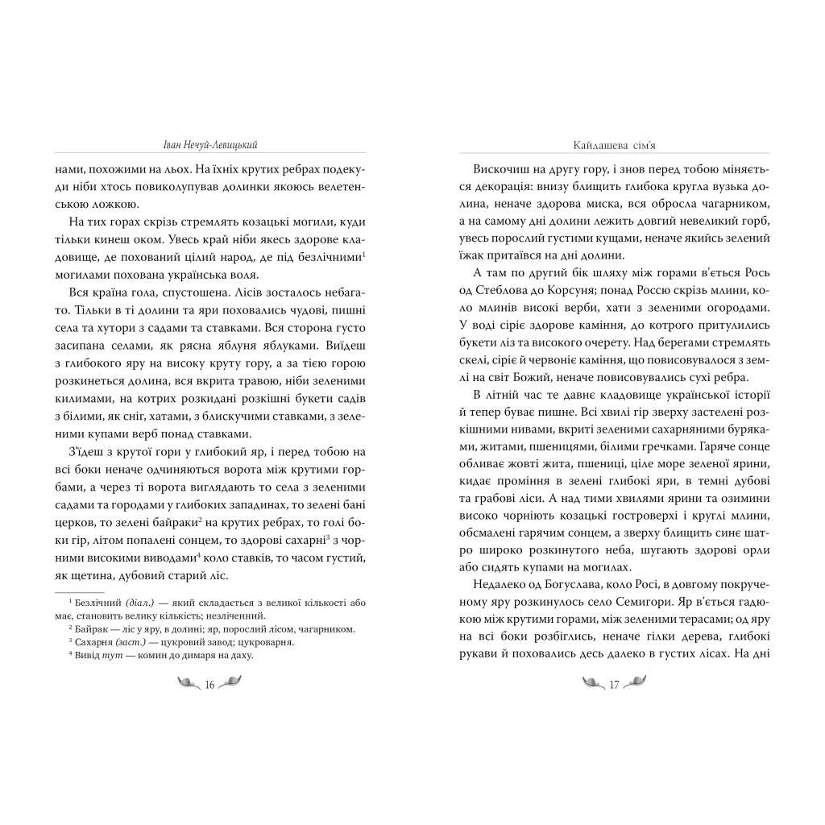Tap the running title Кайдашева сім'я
[x=614, y=146]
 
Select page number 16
[x=209, y=685]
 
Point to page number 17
[x=614, y=685]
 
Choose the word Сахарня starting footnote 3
[x=93, y=642]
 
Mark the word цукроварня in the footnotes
[x=265, y=642]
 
